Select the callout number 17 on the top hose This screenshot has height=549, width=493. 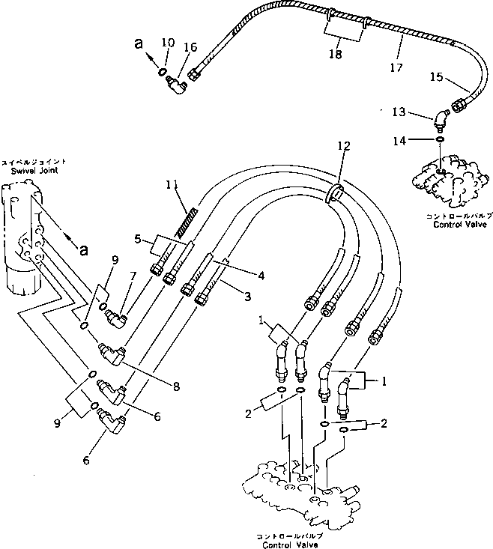tap(396, 67)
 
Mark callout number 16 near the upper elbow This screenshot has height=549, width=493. tap(190, 47)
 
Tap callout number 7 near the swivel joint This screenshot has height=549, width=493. tap(133, 277)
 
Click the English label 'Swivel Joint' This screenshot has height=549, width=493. tap(28, 171)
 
